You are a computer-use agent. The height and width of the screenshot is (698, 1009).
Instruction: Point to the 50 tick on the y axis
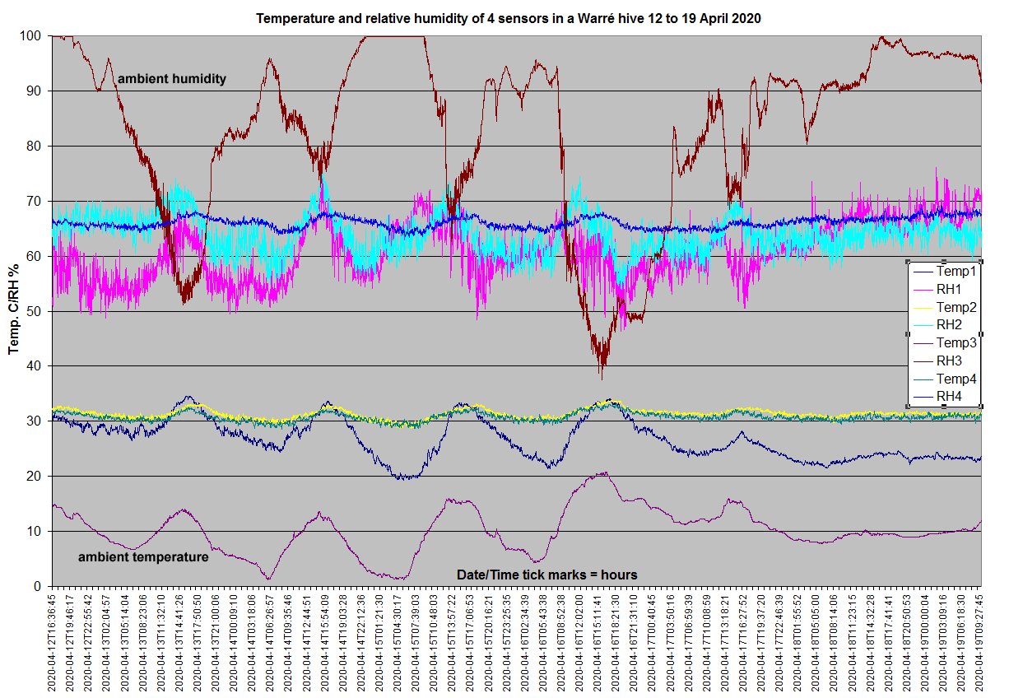click(x=36, y=311)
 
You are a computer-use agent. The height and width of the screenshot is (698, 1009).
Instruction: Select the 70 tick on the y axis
click(x=36, y=201)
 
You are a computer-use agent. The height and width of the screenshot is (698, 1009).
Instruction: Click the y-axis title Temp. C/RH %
click(x=14, y=310)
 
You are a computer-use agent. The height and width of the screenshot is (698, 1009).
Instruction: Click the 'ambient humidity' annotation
click(x=172, y=79)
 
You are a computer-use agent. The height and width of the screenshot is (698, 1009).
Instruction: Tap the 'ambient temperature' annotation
click(x=142, y=557)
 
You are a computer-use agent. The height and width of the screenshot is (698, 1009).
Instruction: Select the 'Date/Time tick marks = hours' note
click(x=546, y=574)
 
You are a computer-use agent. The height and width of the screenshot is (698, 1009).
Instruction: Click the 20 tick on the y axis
click(x=36, y=476)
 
